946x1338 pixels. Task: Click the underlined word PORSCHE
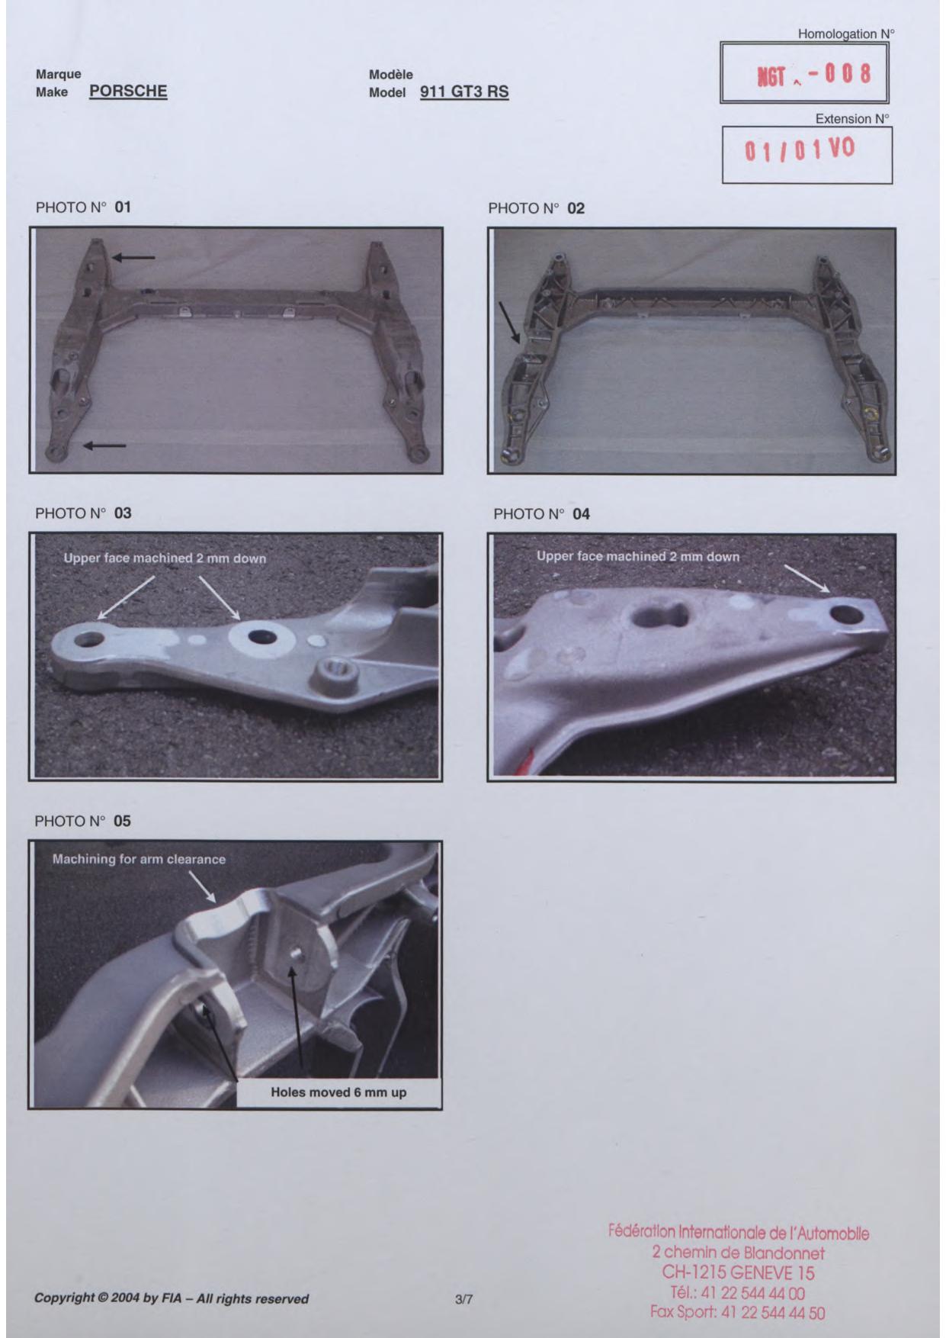coord(128,92)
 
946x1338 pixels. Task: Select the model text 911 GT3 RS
coord(464,92)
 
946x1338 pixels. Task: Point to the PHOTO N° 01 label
coord(84,207)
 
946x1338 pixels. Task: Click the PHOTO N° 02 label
coord(536,208)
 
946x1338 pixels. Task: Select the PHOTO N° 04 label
coord(541,514)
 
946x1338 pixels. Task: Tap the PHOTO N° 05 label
coord(83,822)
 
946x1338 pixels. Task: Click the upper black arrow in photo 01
coord(133,258)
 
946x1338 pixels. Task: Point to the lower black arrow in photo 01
coord(105,445)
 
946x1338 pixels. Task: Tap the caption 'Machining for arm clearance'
coord(139,859)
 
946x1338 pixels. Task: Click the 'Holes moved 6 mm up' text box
coord(338,1092)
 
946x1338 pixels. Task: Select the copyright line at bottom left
coord(172,1298)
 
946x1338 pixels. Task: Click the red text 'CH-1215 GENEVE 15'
coord(738,1272)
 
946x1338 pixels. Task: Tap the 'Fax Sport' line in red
coord(738,1312)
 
